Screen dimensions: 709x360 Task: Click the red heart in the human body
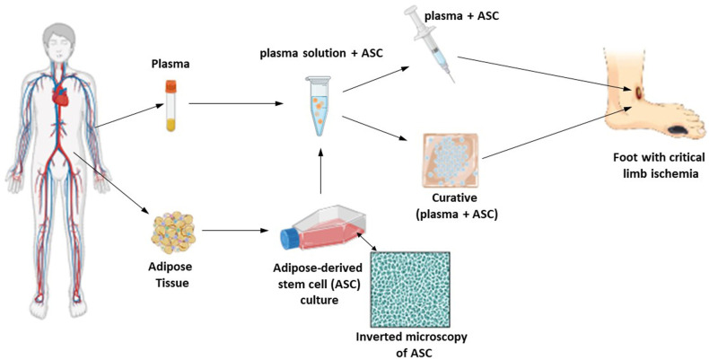[x=60, y=96]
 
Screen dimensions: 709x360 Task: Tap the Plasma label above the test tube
[x=171, y=65]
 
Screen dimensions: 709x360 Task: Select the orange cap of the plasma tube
[x=171, y=86]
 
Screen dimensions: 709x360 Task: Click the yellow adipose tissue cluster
[x=174, y=233]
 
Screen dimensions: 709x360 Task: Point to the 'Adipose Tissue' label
[x=170, y=275]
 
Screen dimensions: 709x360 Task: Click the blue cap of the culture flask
[x=288, y=238]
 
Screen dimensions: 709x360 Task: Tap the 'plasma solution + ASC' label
[x=321, y=53]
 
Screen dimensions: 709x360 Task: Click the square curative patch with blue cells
[x=450, y=161]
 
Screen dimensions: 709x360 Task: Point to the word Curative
[x=454, y=198]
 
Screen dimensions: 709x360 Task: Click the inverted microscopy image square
[x=409, y=289]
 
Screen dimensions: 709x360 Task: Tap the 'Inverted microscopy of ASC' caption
[x=411, y=345]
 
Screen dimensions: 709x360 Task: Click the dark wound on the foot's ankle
[x=638, y=93]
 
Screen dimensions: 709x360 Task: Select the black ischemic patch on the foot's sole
[x=679, y=131]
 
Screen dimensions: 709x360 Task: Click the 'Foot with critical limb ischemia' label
[x=659, y=165]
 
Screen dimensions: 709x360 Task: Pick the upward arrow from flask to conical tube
[x=320, y=171]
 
